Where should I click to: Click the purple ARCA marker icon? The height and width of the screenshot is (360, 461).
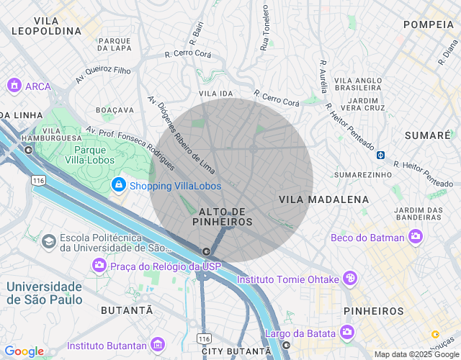tap(13, 86)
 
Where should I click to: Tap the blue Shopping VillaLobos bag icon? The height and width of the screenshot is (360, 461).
tap(118, 186)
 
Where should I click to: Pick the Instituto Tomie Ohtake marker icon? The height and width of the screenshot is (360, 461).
tap(349, 279)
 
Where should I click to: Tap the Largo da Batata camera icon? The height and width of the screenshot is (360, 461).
tap(347, 333)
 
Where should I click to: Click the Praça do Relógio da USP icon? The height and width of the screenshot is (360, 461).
tap(99, 266)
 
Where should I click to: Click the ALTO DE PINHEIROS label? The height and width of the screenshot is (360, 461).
tap(223, 217)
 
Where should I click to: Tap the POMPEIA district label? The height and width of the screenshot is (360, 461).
tap(428, 24)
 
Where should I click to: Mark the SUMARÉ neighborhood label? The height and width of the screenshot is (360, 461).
tap(427, 135)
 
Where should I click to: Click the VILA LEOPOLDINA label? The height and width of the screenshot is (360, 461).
tap(47, 25)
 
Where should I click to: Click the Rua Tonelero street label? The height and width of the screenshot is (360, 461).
tap(265, 27)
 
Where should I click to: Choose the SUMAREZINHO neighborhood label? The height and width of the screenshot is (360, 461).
tap(363, 174)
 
